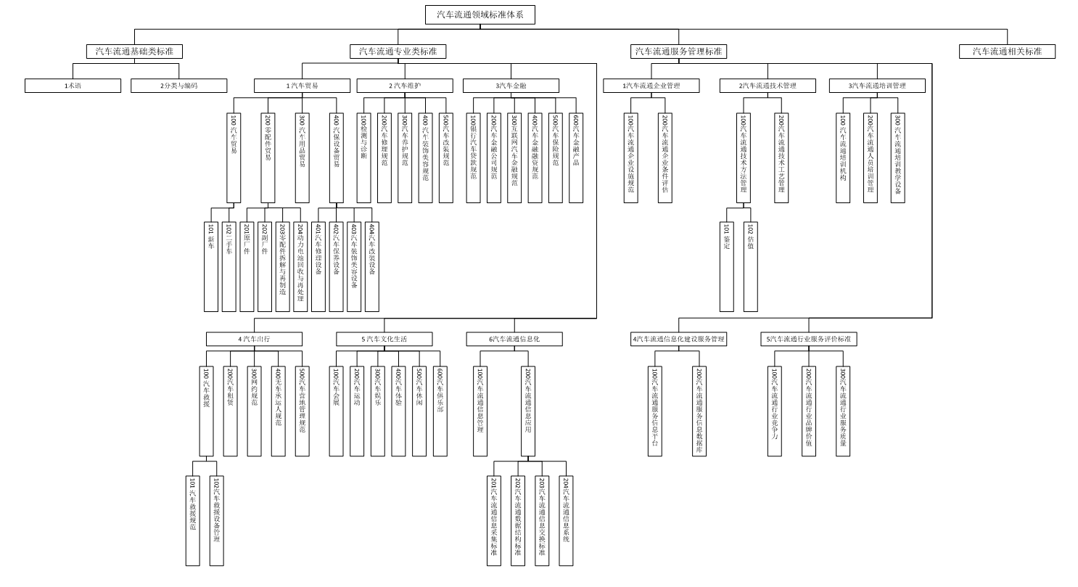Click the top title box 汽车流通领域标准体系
[x=480, y=15]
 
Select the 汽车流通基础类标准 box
[x=134, y=52]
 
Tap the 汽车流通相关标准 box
[x=1007, y=52]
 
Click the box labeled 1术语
[x=73, y=86]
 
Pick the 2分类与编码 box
[x=178, y=86]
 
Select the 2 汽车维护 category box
[x=404, y=86]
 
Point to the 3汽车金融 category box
[x=511, y=86]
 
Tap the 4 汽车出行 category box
[x=254, y=339]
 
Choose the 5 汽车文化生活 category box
[x=384, y=339]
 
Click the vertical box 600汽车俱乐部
[x=440, y=411]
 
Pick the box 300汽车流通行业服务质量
[x=842, y=411]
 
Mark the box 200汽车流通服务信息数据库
[x=699, y=411]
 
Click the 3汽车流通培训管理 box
[x=877, y=86]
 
